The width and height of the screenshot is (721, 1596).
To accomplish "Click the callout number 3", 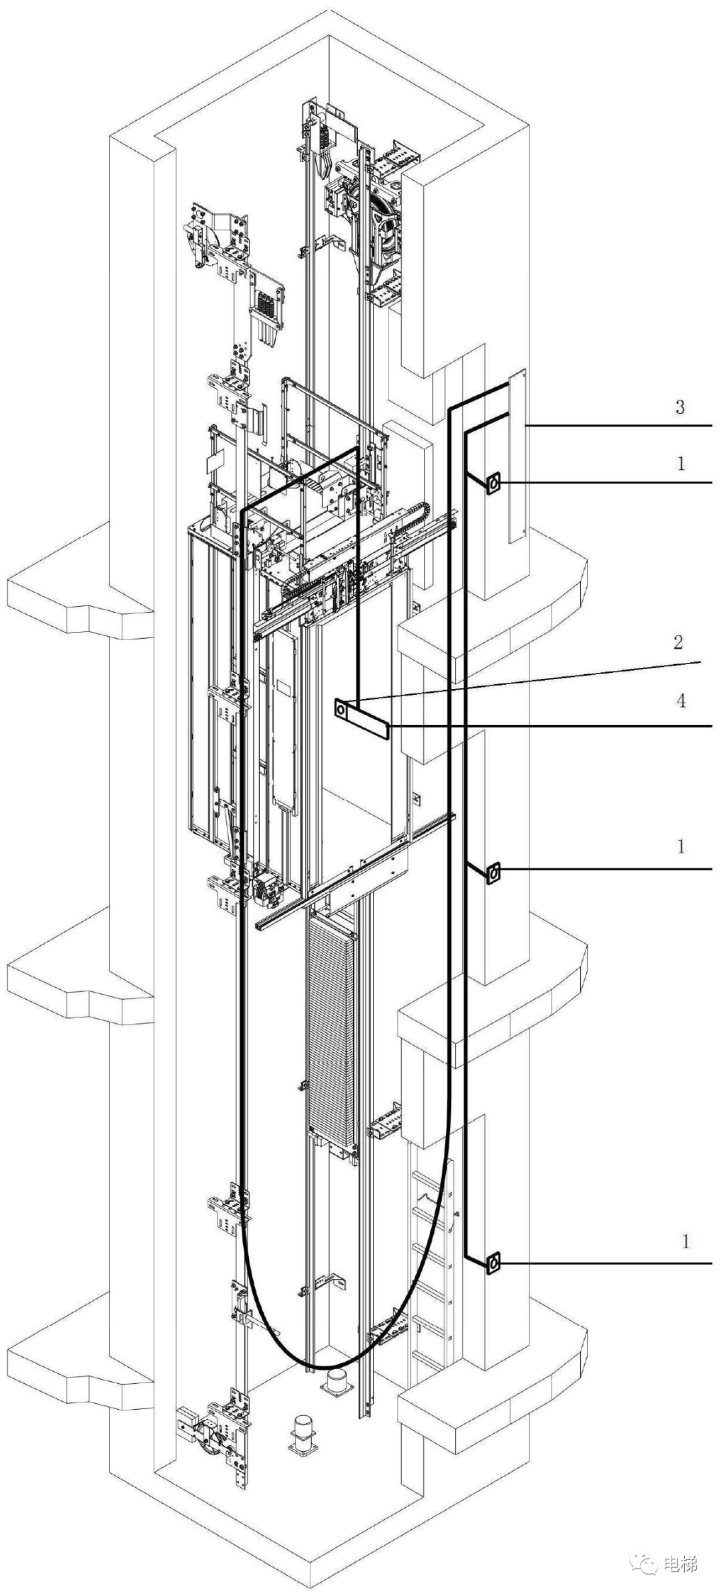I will [680, 407].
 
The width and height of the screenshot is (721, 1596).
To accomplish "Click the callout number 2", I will [678, 642].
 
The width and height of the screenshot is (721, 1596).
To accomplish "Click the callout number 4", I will [680, 700].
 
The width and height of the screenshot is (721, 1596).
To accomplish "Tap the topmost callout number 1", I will [680, 463].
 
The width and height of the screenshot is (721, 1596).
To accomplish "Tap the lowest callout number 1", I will [685, 1242].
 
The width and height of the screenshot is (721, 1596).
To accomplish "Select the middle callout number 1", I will [680, 846].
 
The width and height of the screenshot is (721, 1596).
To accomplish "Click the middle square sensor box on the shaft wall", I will [493, 872].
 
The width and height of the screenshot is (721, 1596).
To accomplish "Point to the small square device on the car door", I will [342, 708].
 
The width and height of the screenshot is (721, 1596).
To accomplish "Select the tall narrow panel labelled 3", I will [517, 457].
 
